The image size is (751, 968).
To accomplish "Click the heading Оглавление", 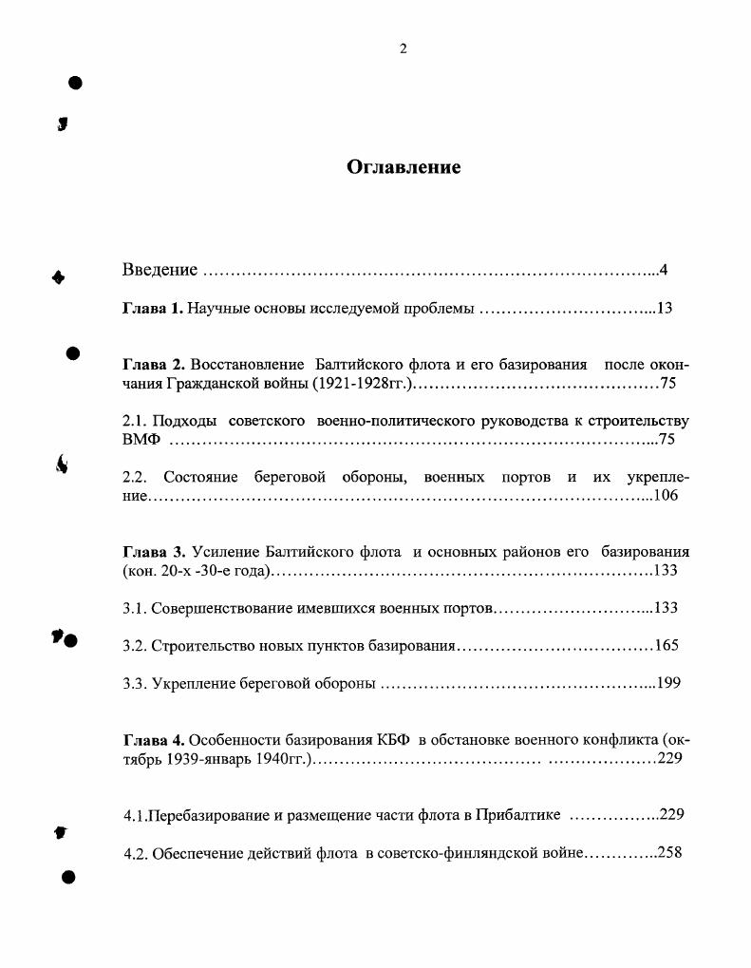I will [x=404, y=167].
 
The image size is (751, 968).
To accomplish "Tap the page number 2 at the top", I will [x=404, y=49].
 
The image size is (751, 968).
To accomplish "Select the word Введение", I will [x=160, y=270].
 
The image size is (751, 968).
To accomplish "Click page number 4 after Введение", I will [x=664, y=270].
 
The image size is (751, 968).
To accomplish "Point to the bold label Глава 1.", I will [x=153, y=308].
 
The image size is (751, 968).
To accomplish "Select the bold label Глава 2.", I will [x=153, y=365].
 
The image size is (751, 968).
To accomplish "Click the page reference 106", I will [x=666, y=495].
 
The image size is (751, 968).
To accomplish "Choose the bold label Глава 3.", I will [x=153, y=552].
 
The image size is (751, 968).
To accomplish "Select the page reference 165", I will [x=667, y=646].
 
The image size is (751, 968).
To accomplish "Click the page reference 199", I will [x=668, y=683].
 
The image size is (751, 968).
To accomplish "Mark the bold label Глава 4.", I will [x=153, y=739].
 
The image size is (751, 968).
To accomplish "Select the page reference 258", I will [x=669, y=852].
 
